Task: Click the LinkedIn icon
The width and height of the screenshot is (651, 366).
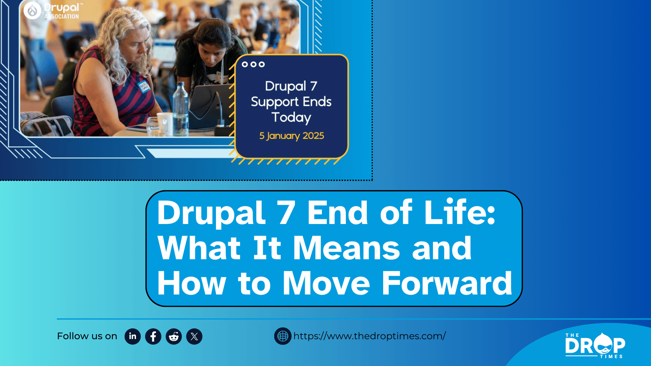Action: point(133,336)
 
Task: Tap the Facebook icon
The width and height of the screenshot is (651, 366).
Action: point(153,336)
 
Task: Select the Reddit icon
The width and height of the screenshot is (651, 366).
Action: point(174,336)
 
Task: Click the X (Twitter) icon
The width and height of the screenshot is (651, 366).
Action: point(194,336)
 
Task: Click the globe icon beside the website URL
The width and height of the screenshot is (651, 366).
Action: point(283,336)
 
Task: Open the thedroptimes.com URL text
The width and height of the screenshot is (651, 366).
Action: point(370,336)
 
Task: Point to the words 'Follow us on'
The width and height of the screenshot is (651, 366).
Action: point(87,336)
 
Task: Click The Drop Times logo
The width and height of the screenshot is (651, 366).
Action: point(595,345)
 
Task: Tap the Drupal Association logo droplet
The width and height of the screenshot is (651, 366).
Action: point(33,11)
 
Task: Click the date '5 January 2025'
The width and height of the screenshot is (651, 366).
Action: point(292,136)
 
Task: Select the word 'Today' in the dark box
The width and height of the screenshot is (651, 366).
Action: point(291,117)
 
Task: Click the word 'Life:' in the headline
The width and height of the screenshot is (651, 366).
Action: point(460,212)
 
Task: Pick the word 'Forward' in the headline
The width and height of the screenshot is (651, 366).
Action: point(447,283)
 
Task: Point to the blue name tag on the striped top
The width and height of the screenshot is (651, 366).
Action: point(143,86)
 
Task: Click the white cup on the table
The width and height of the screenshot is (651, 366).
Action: point(165,124)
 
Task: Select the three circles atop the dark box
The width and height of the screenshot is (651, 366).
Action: point(253,64)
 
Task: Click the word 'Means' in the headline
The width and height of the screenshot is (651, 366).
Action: point(347,248)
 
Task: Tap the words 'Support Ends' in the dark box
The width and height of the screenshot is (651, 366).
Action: point(291,102)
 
